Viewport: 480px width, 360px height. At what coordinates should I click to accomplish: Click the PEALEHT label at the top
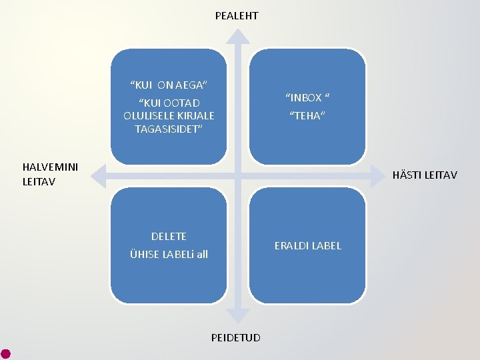coord(237,15)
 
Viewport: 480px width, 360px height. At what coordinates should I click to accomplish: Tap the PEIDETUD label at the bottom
coord(236,337)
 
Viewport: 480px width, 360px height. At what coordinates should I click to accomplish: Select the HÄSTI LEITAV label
coord(425,175)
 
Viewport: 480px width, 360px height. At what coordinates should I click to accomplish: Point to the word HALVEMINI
coord(50,167)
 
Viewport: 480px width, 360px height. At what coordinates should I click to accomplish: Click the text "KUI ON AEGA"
coord(169,85)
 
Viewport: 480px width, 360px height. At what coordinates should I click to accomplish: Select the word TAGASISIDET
coord(169,129)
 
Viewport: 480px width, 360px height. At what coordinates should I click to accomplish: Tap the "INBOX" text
coord(307,98)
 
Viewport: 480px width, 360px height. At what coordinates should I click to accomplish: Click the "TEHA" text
coord(307,116)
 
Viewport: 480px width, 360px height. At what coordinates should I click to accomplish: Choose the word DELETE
coord(169,236)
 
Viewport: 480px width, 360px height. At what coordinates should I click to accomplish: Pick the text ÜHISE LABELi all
coord(169,254)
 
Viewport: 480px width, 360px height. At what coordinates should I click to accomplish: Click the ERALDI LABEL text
coord(307,245)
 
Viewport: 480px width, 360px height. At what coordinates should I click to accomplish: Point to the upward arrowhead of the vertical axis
coord(237,37)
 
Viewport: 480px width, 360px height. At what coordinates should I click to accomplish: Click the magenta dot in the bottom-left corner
coord(5,353)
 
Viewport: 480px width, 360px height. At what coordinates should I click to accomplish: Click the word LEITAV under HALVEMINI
coord(39,181)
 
